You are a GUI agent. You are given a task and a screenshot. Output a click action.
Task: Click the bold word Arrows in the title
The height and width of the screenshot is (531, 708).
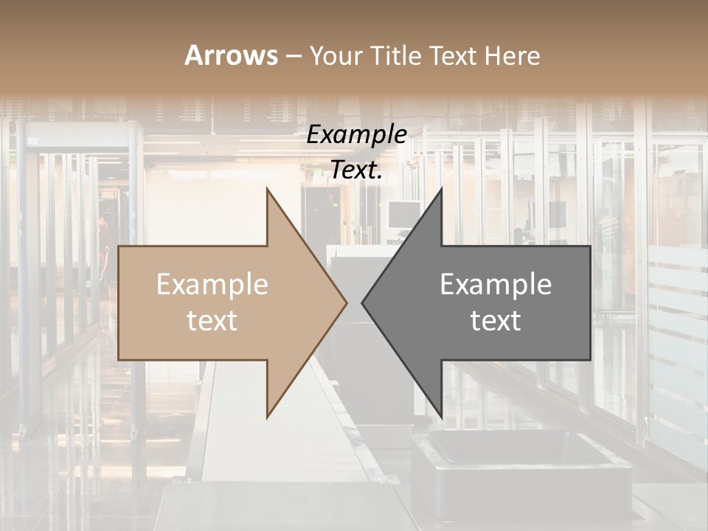[x=231, y=55]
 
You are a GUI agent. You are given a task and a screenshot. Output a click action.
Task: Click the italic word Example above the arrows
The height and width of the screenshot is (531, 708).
[x=356, y=135]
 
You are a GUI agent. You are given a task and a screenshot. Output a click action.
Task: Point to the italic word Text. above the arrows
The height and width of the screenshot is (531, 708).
[x=356, y=170]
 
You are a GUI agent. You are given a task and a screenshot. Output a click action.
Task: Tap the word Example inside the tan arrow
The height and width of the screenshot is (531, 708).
[x=212, y=285]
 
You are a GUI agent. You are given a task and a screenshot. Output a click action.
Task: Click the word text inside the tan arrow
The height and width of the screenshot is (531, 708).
[x=212, y=321]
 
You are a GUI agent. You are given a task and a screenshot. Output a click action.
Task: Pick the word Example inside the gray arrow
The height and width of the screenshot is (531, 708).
[x=496, y=285]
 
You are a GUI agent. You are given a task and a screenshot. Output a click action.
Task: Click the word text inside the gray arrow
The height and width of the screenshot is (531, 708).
[x=496, y=321]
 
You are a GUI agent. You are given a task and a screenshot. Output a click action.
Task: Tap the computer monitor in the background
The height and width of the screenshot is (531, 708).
[x=403, y=215]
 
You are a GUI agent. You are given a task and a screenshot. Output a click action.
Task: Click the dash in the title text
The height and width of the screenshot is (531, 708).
[x=293, y=56]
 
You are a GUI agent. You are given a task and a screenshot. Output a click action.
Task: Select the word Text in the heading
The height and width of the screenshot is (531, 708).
[x=454, y=55]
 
